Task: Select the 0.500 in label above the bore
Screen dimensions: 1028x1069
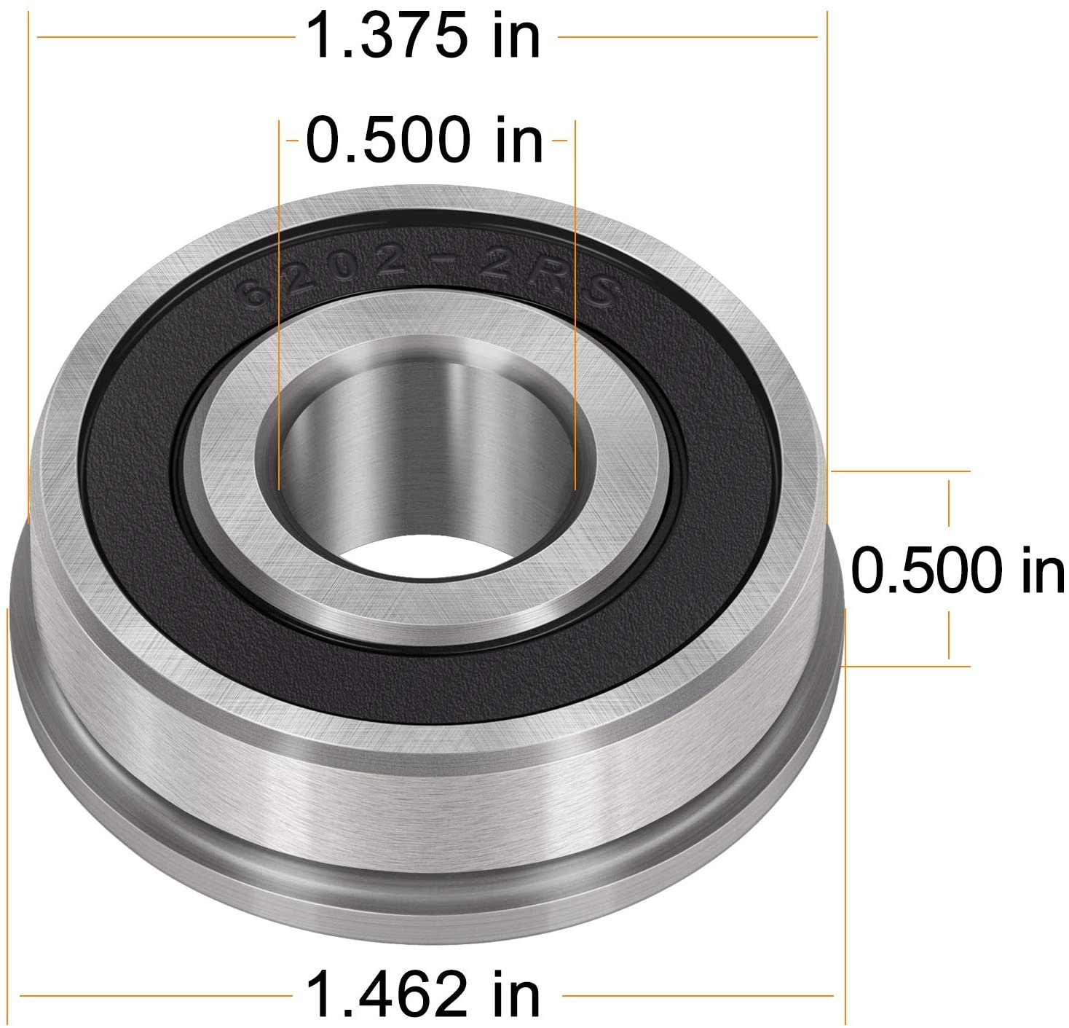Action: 424,140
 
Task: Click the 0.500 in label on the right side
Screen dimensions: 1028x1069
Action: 957,570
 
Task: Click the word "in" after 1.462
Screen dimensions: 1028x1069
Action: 516,995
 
